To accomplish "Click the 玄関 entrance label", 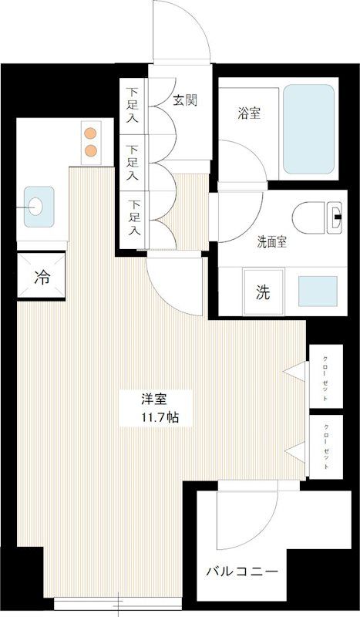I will (x=182, y=99).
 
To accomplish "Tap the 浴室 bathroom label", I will (x=247, y=113).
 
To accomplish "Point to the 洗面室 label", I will (x=271, y=242).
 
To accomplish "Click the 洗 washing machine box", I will (x=263, y=292).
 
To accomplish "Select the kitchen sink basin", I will (x=36, y=205).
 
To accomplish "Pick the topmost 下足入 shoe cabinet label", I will (x=133, y=107).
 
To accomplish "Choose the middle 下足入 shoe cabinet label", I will (x=133, y=162).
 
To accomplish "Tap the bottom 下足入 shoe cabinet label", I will (x=134, y=217).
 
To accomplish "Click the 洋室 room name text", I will (x=155, y=400).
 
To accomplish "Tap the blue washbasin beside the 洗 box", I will (x=316, y=292).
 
